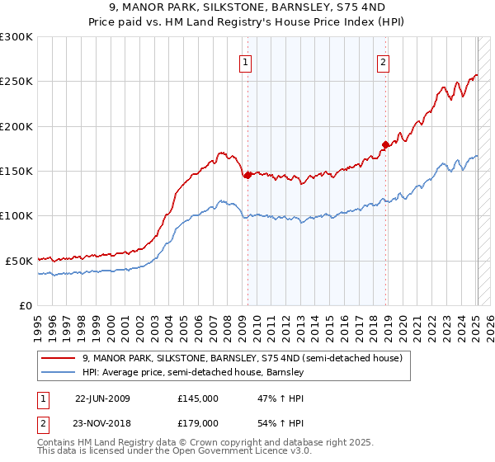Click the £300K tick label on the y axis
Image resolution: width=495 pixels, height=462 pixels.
pyautogui.click(x=16, y=37)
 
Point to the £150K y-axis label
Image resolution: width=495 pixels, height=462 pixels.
pyautogui.click(x=16, y=171)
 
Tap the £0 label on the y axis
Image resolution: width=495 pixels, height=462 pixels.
pyautogui.click(x=25, y=305)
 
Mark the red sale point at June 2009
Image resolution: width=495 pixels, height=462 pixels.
pyautogui.click(x=247, y=175)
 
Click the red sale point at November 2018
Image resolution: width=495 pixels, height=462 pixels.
pyautogui.click(x=385, y=145)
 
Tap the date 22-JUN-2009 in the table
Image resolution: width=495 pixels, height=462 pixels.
pyautogui.click(x=102, y=398)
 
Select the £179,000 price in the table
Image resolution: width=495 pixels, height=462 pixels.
pyautogui.click(x=198, y=422)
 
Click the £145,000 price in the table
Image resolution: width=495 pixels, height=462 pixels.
pyautogui.click(x=198, y=398)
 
